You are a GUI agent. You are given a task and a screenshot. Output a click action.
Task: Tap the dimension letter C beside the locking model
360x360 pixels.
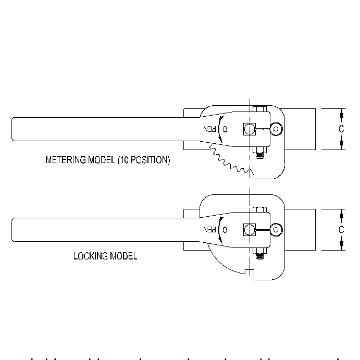point(341,230)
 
